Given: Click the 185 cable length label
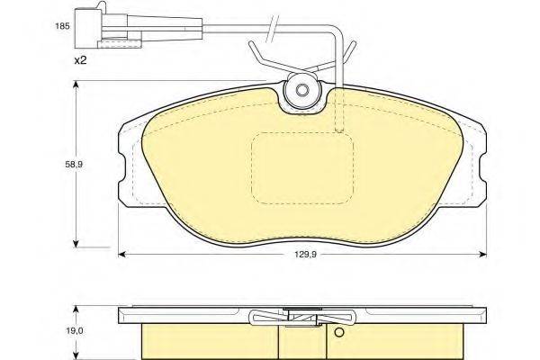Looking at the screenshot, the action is [x=63, y=26].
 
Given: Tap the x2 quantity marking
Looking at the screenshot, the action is [x=81, y=60].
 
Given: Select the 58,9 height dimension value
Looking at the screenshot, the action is [x=74, y=165].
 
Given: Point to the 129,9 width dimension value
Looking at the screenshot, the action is [x=303, y=255].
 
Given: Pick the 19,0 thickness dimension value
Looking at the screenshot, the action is [x=74, y=331].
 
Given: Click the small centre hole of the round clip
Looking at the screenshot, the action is [x=302, y=90].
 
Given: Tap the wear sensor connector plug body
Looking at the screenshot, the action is [x=88, y=28].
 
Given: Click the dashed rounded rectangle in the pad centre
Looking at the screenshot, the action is [x=302, y=168].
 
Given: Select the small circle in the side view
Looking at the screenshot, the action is [x=339, y=332].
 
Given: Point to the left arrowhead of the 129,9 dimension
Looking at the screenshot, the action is [x=121, y=255].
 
